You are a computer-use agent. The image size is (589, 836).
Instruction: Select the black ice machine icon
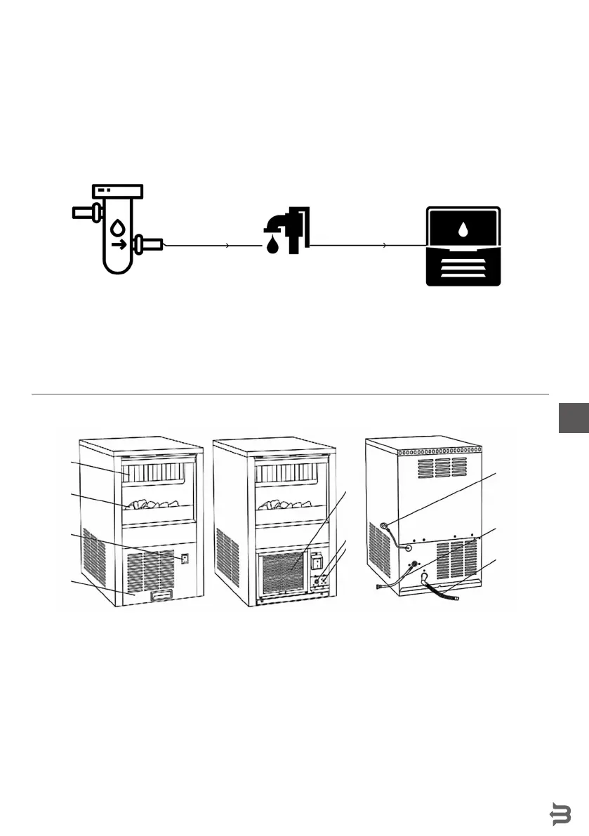[x=464, y=246]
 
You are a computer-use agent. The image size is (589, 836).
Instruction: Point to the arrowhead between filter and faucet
[x=227, y=246]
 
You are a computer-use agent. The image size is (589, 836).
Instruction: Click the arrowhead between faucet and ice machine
[x=384, y=246]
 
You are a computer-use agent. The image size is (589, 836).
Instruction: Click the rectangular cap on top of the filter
[x=117, y=190]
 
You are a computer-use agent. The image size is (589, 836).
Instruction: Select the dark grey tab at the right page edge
[x=574, y=418]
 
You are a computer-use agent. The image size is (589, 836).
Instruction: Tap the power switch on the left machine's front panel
[x=184, y=559]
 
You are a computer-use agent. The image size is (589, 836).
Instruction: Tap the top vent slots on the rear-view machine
[x=439, y=467]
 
